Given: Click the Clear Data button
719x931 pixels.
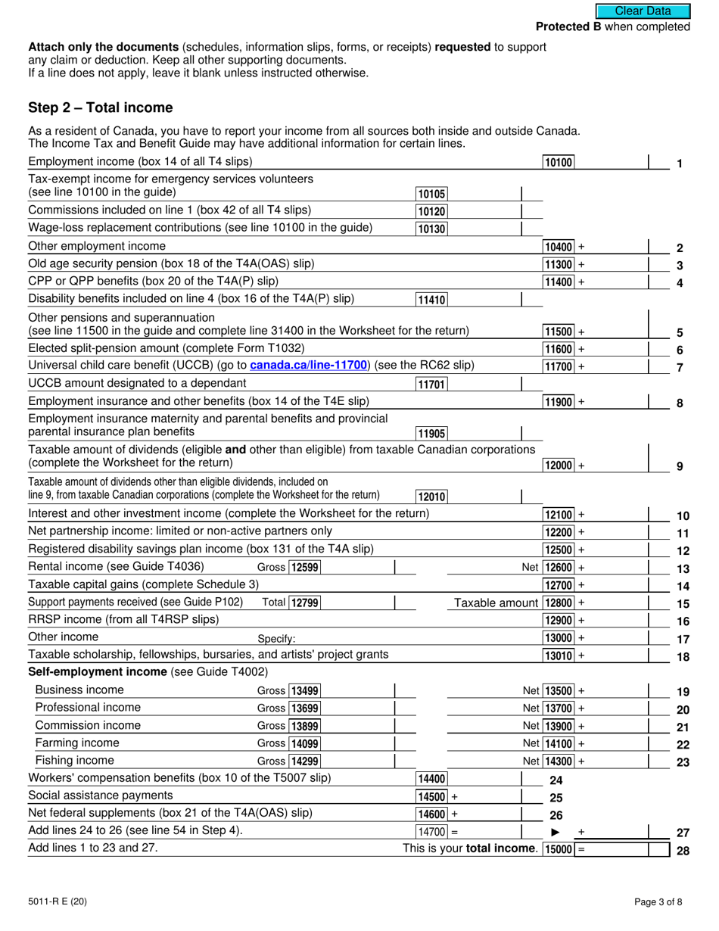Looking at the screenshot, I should pos(643,11).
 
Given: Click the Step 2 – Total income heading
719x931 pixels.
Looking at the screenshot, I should pos(100,107).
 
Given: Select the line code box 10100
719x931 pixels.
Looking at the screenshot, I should pos(559,162).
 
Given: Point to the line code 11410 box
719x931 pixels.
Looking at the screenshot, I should pos(432,300).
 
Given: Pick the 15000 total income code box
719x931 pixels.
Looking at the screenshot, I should pos(559,849).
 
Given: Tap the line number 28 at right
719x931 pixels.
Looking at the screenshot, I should pos(683,850).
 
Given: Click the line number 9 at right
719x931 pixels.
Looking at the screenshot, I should pos(680,467).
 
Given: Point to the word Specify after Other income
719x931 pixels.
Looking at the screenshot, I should pos(276,639).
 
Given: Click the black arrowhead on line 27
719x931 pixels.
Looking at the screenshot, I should pos(555,833).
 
